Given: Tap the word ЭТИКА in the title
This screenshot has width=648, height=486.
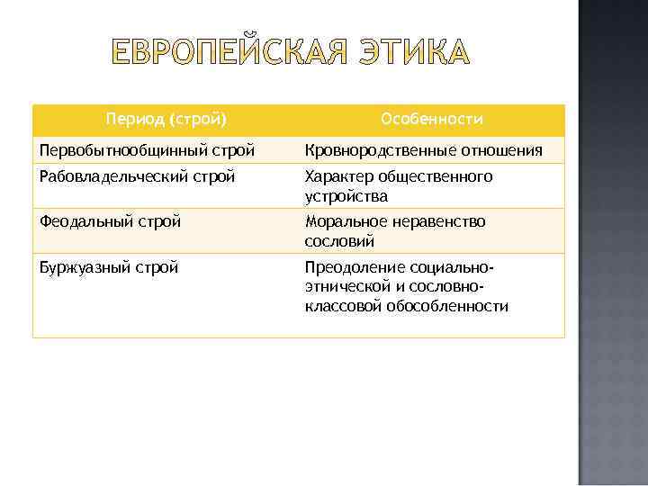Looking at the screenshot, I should click(412, 54).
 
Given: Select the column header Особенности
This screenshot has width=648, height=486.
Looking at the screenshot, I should click(432, 120).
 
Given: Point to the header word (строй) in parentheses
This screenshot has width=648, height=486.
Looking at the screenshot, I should click(196, 120).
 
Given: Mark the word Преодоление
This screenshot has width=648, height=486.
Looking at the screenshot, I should click(354, 267).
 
